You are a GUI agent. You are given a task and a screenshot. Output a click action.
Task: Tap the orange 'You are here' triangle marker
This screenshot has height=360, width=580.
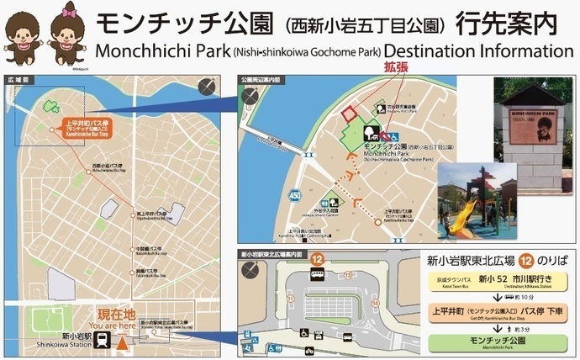click(122, 342)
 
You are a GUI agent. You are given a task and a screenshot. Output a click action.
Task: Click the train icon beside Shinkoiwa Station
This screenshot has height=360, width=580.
click(102, 340)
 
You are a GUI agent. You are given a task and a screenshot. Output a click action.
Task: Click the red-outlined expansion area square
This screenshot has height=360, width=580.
click(349, 114)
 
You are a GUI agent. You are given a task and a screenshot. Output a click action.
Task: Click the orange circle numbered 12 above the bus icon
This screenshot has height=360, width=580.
click(318, 260)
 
